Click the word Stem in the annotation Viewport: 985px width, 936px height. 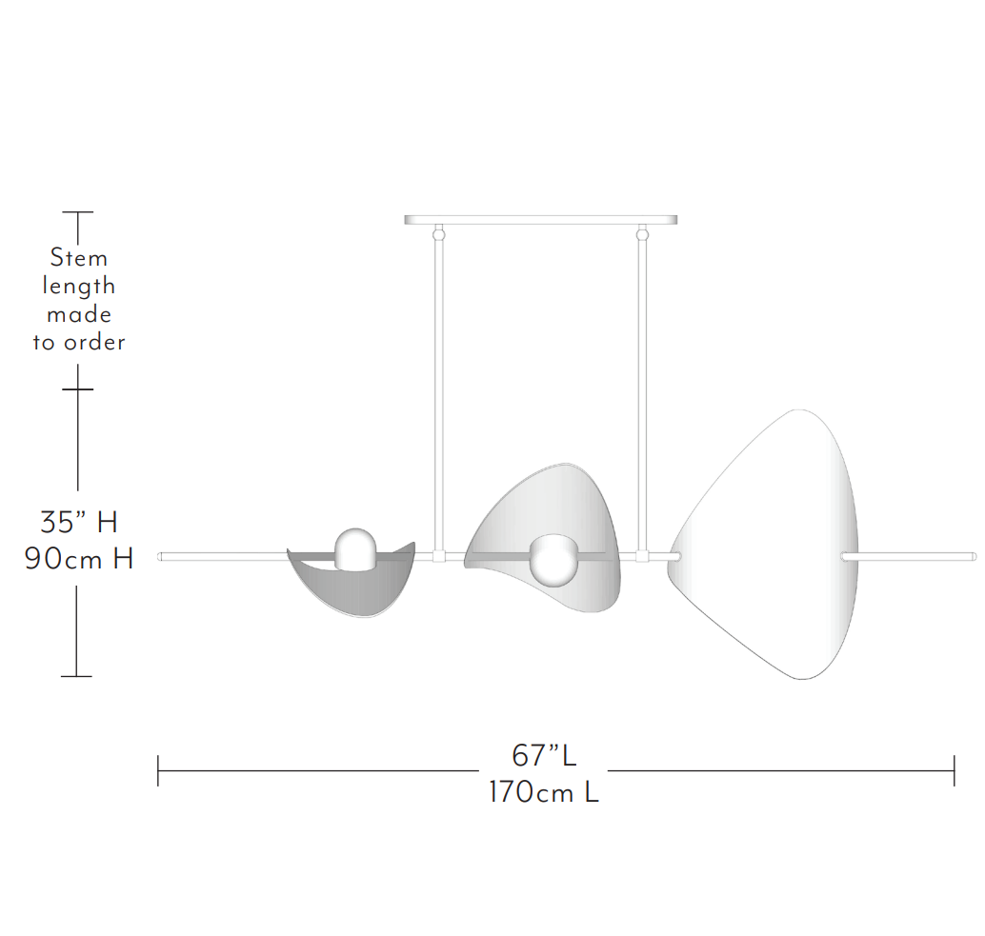78,257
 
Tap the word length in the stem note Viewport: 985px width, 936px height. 79,287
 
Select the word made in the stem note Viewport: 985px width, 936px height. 79,314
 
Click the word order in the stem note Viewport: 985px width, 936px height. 94,342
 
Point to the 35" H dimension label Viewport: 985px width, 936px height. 79,522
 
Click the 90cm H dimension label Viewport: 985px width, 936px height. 79,558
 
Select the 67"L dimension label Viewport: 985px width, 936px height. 544,755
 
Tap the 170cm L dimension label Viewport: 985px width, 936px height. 544,791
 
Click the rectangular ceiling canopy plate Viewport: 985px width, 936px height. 541,220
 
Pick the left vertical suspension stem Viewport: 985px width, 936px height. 439,395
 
